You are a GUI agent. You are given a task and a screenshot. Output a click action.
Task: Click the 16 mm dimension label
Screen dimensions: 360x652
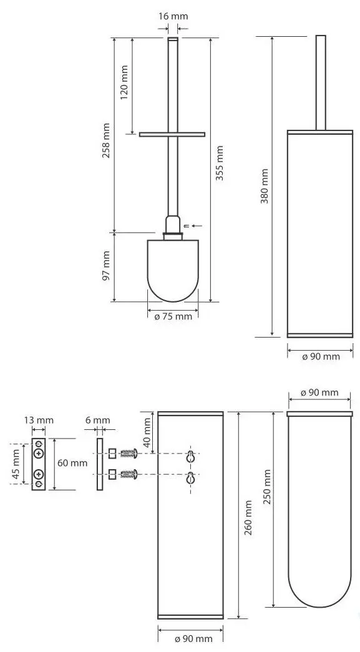click(x=173, y=17)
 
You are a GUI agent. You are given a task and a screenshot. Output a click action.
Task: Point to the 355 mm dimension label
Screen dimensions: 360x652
click(x=220, y=163)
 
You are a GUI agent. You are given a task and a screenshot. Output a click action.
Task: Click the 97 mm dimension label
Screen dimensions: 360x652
click(x=107, y=266)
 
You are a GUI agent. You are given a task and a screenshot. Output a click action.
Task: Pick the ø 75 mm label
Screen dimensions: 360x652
click(x=173, y=316)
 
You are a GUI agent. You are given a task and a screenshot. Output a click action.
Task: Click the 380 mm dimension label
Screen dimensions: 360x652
click(x=265, y=186)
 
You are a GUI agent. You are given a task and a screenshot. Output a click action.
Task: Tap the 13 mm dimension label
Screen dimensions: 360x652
click(x=39, y=420)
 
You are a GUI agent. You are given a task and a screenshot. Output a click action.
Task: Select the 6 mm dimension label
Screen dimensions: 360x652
click(x=98, y=420)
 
